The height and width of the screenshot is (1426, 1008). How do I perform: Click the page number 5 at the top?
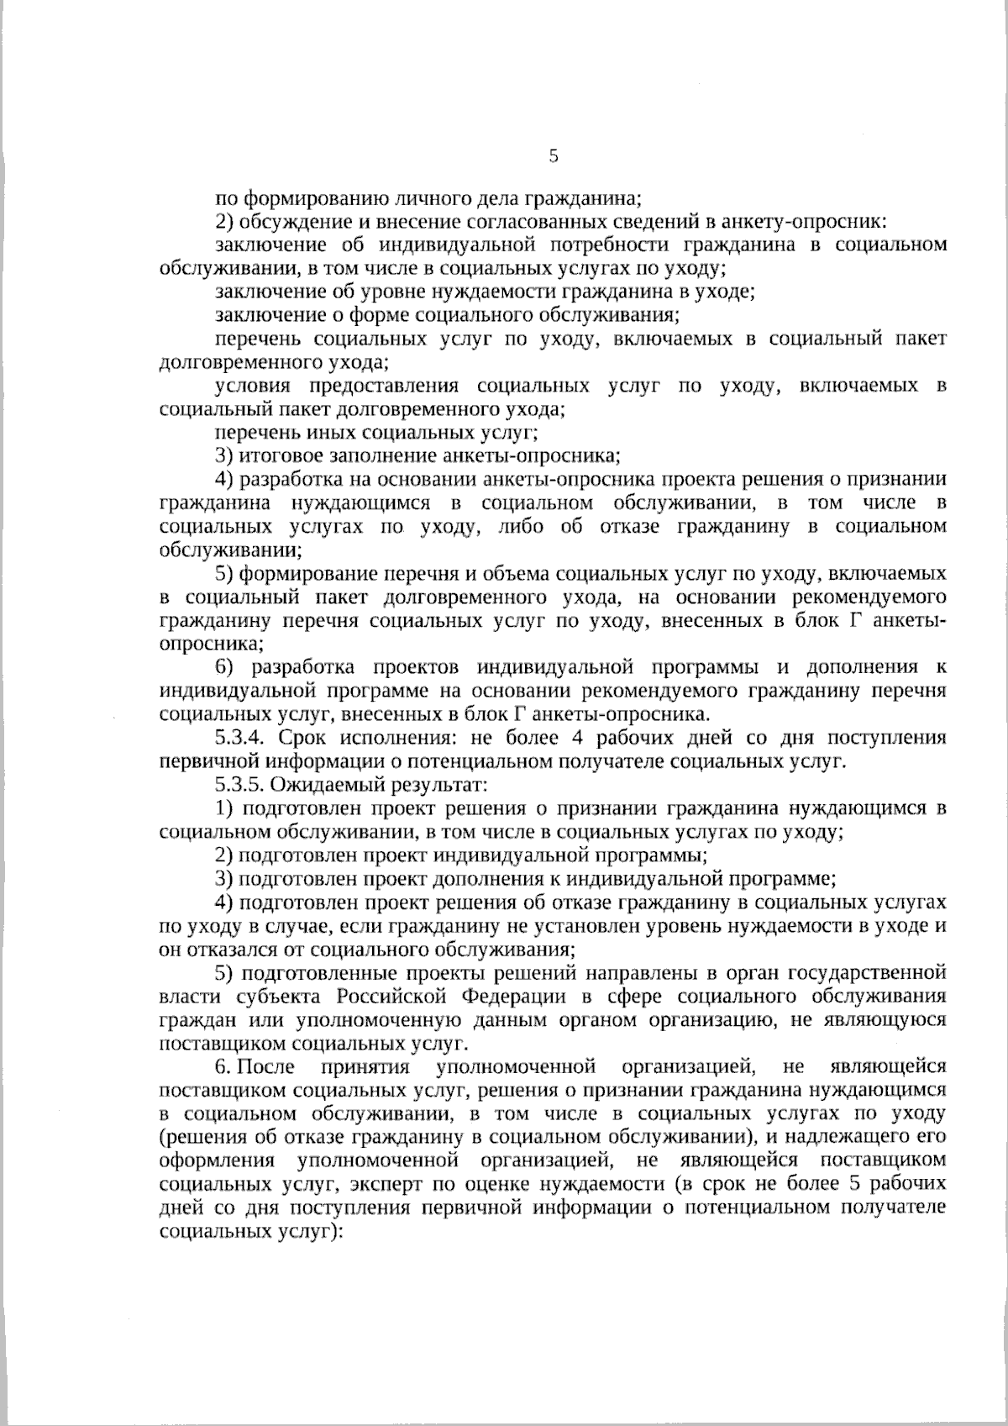click(x=553, y=155)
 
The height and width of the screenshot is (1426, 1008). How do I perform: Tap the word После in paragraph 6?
click(x=266, y=1067)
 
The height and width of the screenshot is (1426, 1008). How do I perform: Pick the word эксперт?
click(x=381, y=1184)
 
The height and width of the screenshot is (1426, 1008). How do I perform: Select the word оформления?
click(x=216, y=1160)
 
